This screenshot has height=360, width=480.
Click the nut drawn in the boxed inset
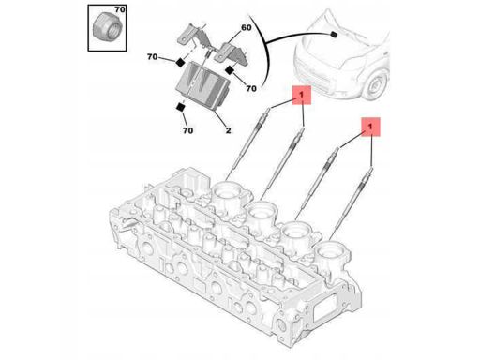coord(107,27)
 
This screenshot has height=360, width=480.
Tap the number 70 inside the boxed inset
coord(120,9)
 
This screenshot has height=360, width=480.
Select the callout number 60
coord(247,27)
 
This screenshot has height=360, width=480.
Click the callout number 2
coord(228,130)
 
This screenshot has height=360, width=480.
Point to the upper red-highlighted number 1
coord(301,95)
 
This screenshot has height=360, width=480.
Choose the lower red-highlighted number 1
coord(370,127)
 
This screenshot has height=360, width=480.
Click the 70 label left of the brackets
coord(152,57)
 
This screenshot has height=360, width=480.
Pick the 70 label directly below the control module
coord(187,130)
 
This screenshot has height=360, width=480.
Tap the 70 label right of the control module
coord(251,88)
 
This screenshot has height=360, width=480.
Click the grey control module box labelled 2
coord(202,86)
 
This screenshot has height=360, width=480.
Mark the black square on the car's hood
coord(334,34)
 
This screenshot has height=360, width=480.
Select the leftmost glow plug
coord(249,143)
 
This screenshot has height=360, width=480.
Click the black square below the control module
coord(181,107)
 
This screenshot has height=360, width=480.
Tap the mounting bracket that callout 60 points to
coord(231,53)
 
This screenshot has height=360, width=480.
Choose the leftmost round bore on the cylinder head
coord(228,191)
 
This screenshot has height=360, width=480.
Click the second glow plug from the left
coord(283,163)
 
